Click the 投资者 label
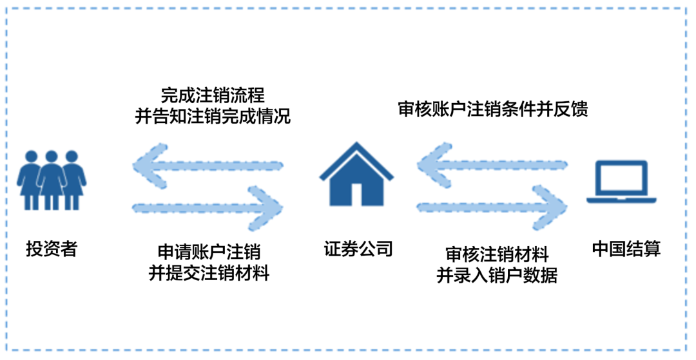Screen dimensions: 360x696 [x=52, y=249]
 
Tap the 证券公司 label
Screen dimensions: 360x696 [x=358, y=249]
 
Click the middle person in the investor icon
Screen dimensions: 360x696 [x=52, y=180]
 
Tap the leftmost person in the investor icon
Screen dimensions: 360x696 [x=31, y=180]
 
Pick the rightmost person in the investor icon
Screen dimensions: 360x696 [x=72, y=180]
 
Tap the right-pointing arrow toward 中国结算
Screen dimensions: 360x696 [x=493, y=205]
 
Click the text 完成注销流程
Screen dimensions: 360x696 [x=213, y=96]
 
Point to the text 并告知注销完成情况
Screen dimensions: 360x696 [x=213, y=117]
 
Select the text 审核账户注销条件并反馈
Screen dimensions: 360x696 [x=493, y=109]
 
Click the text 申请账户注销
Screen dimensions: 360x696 [x=209, y=252]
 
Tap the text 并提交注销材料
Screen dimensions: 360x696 [x=209, y=273]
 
